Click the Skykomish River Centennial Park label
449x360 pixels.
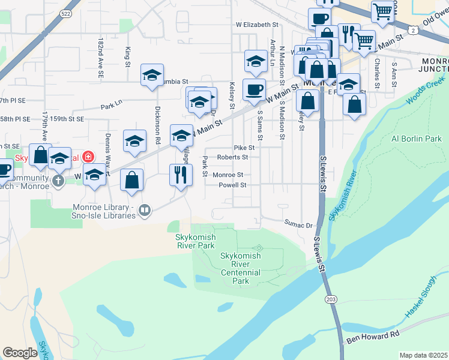coord(241,268)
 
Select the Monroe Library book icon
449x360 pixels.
coord(144,210)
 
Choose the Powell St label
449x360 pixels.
coord(232,185)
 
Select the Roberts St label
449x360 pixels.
coord(232,157)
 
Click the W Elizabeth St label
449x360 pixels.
coord(258,25)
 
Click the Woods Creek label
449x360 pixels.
coord(427,90)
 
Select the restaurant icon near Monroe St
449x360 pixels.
coord(181,175)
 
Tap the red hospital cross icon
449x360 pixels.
coord(88,157)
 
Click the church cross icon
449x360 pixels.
coord(58,180)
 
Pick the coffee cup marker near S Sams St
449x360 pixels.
coord(253,89)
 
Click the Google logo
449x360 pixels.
coord(20,353)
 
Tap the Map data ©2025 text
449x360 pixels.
coord(423,355)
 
